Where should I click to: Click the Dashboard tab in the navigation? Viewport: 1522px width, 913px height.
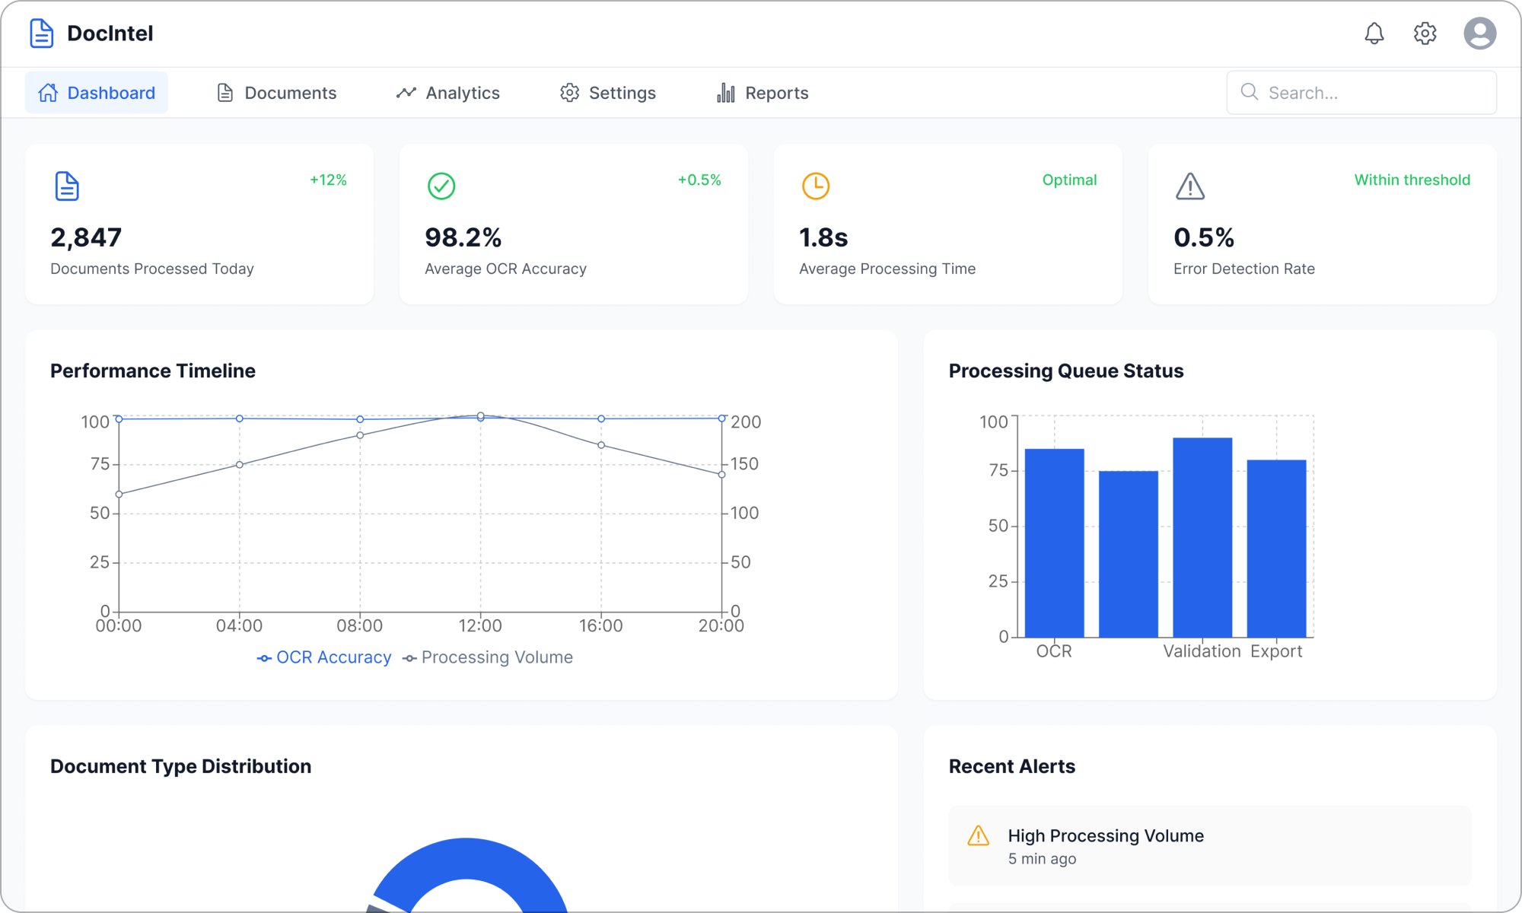(97, 93)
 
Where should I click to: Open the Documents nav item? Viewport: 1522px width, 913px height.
(277, 93)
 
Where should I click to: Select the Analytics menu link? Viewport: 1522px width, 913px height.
(448, 93)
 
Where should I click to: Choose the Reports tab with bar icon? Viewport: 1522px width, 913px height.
(763, 93)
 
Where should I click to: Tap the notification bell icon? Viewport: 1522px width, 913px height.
(1374, 33)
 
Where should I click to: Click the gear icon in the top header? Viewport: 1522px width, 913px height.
(1425, 33)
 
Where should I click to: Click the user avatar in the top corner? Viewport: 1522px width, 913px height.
(1479, 33)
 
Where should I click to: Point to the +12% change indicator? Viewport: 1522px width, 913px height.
(328, 180)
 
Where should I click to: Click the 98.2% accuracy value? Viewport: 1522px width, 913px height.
(463, 237)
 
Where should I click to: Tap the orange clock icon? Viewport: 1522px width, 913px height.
(815, 186)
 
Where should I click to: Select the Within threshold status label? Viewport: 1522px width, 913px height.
(1412, 180)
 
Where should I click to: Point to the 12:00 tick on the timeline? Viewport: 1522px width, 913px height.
(480, 625)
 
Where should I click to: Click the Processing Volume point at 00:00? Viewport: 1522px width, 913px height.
(119, 495)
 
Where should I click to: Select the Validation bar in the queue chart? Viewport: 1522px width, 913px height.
(1202, 537)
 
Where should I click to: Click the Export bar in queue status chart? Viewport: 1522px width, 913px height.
(1276, 548)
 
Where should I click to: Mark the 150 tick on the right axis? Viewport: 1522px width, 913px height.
(744, 464)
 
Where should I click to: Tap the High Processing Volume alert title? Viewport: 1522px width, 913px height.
(1106, 835)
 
